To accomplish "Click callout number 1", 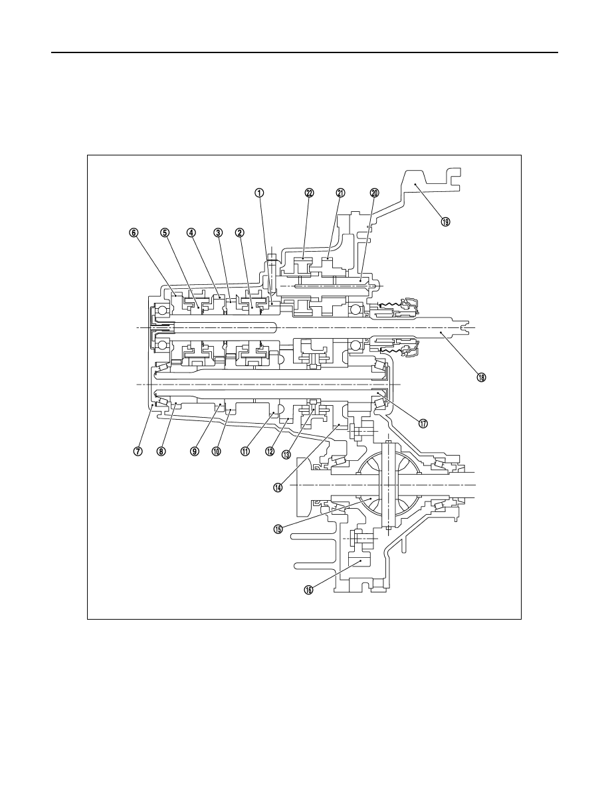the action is coord(258,193).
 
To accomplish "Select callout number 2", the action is coord(240,232).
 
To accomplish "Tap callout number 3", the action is coord(217,232).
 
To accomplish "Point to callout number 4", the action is coord(191,232).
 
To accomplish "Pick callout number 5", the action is coord(165,232).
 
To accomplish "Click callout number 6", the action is coord(133,232).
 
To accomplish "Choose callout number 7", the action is coord(137,452).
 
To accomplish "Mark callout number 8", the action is coord(161,452).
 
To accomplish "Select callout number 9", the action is coord(195,452).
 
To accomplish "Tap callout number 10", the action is coord(217,452).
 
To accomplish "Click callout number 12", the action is coord(270,452).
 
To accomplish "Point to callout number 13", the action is coord(286,455).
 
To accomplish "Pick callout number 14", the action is coord(278,487).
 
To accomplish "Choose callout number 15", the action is coord(278,529).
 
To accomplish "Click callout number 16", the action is coord(308,589).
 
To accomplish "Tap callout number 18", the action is coord(481,377).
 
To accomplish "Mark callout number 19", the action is coord(445,221).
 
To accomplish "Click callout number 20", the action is coord(374,193).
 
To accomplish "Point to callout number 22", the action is coord(309,193).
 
